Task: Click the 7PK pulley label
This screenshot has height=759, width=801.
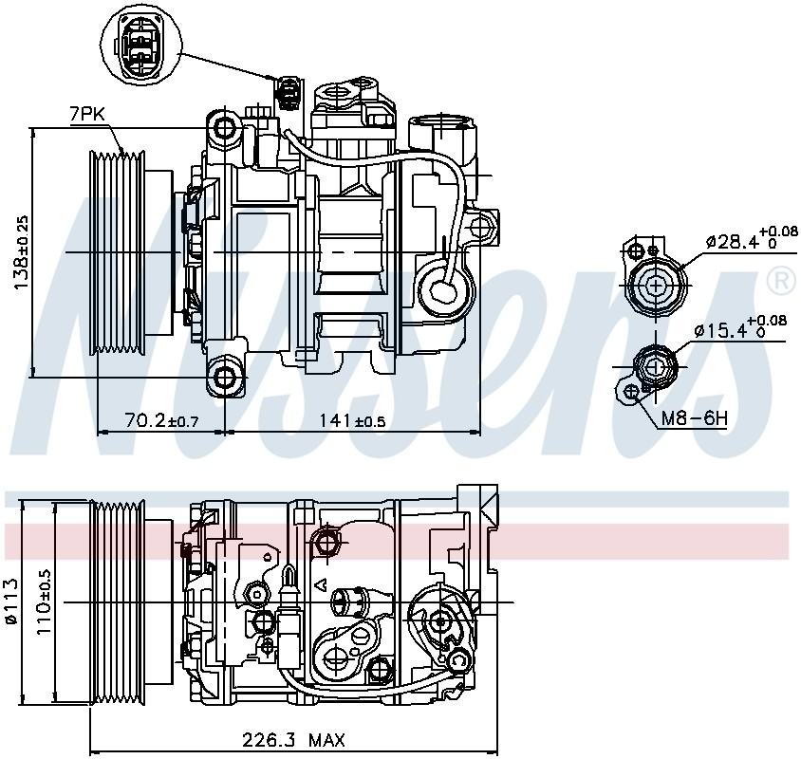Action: click(x=86, y=114)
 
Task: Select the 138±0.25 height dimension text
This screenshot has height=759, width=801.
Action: click(x=22, y=252)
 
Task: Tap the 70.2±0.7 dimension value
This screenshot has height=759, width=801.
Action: click(x=160, y=420)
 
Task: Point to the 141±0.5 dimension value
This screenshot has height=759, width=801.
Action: click(x=352, y=420)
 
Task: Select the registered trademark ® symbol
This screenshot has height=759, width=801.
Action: click(x=779, y=280)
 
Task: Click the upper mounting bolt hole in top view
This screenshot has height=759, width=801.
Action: click(x=226, y=127)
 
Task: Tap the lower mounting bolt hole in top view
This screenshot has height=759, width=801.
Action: click(x=226, y=379)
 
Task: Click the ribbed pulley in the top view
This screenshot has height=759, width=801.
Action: click(x=116, y=252)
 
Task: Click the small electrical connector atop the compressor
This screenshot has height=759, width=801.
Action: click(x=288, y=92)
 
